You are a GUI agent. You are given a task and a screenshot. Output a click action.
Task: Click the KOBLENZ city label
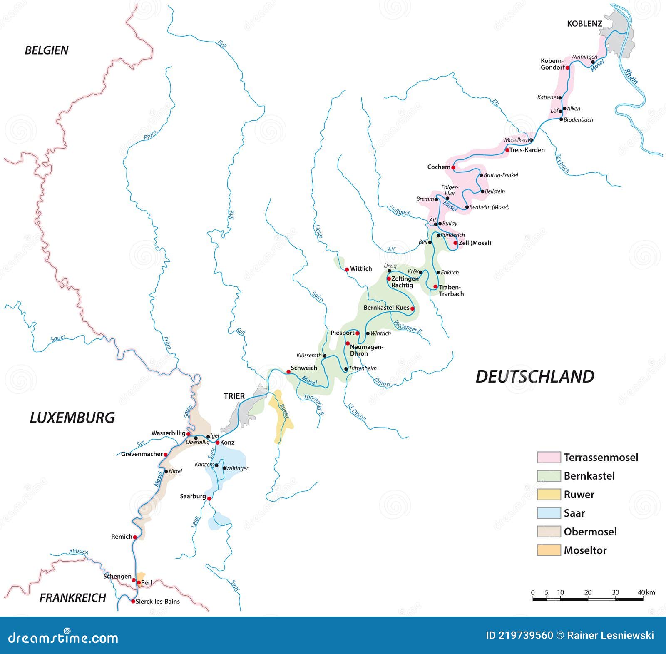click(584, 24)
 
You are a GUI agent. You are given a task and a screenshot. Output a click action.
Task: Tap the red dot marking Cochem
click(453, 168)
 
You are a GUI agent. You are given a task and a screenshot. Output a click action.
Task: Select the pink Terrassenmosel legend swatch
click(548, 457)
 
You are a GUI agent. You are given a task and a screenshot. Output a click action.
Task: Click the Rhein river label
click(631, 76)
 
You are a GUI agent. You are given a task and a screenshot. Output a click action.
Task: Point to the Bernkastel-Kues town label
click(386, 308)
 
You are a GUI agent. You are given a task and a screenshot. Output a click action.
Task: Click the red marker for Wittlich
click(347, 270)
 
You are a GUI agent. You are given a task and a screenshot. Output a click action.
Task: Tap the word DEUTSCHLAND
click(534, 376)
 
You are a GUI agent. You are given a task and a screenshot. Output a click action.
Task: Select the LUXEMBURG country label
click(72, 418)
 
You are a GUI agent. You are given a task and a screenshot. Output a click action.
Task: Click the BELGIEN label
click(47, 50)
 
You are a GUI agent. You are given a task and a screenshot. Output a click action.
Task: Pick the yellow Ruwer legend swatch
click(548, 494)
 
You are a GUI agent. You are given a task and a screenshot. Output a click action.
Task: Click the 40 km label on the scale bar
click(646, 592)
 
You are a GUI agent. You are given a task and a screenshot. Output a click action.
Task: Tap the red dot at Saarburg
click(209, 498)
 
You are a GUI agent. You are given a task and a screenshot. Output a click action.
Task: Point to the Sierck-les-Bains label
click(158, 602)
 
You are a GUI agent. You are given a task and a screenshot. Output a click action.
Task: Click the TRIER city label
click(234, 396)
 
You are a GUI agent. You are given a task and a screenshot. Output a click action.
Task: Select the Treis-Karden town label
click(527, 150)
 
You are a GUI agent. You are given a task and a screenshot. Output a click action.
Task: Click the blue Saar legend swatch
click(548, 513)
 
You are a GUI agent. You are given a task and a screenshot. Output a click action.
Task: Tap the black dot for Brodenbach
click(561, 119)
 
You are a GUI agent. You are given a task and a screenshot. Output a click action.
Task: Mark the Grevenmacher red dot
click(165, 455)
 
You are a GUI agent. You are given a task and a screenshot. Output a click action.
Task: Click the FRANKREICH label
click(73, 598)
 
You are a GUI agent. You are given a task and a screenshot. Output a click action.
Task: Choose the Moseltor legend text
click(585, 550)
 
